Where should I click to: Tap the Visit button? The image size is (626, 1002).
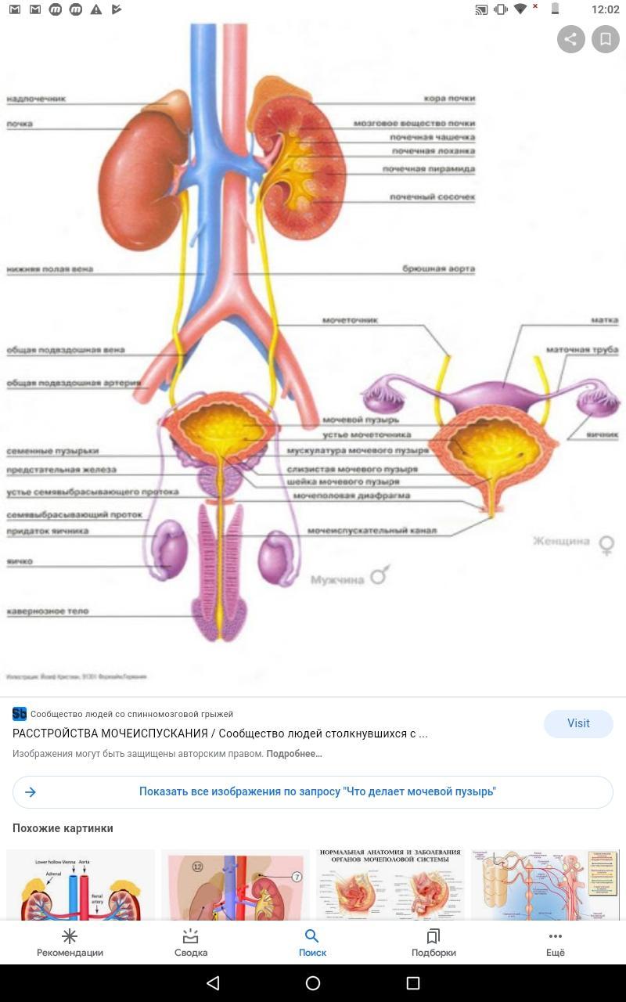click(578, 723)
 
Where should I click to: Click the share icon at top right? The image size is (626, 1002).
click(571, 38)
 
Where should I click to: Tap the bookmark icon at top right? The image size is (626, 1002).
click(606, 38)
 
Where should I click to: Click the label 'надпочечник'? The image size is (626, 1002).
click(36, 99)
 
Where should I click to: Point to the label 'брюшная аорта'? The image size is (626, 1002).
click(438, 269)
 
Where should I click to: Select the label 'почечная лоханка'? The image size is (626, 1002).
click(433, 151)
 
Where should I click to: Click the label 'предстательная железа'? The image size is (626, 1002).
click(61, 470)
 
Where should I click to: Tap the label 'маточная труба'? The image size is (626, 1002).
click(584, 350)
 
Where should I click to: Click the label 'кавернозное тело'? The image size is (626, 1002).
click(48, 611)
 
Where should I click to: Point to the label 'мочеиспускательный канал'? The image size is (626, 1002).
click(372, 531)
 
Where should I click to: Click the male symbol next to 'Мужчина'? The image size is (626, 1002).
click(380, 576)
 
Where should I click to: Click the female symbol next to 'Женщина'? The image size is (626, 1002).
click(606, 544)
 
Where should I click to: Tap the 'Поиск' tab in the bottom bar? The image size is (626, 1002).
click(312, 943)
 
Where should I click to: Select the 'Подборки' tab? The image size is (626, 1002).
click(434, 943)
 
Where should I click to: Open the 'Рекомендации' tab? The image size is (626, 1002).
click(70, 943)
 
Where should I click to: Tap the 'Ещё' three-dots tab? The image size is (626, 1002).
click(556, 943)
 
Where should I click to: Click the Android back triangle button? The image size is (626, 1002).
click(212, 983)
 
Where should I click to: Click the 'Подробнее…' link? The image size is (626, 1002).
click(294, 754)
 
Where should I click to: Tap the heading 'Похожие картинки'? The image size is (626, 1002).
click(63, 828)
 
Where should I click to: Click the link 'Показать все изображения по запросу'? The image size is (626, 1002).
click(317, 791)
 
